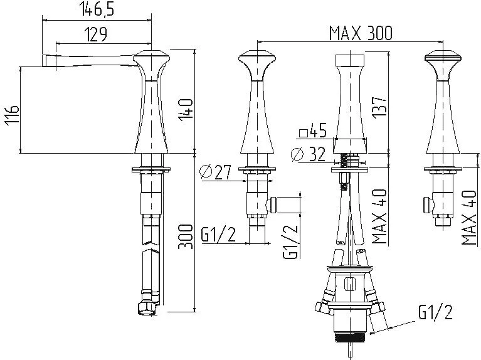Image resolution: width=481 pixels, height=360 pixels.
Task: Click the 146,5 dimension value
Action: pos(97,9)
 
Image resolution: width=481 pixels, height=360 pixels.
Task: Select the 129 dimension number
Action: pos(95,34)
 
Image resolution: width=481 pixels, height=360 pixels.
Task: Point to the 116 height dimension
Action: pos(12,114)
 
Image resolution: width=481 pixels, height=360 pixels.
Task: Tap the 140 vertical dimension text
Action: pos(186,110)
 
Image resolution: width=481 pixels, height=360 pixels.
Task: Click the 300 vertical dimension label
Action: pos(186,236)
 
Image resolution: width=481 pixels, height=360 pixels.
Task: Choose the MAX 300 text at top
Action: pos(361,33)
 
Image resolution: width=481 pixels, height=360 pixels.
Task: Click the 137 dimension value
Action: pos(379,106)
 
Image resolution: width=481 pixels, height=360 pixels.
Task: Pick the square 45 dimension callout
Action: pos(312,131)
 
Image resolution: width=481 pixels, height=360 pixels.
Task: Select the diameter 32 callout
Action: pos(308,154)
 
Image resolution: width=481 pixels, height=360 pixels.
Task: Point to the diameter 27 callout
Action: pos(215,172)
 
